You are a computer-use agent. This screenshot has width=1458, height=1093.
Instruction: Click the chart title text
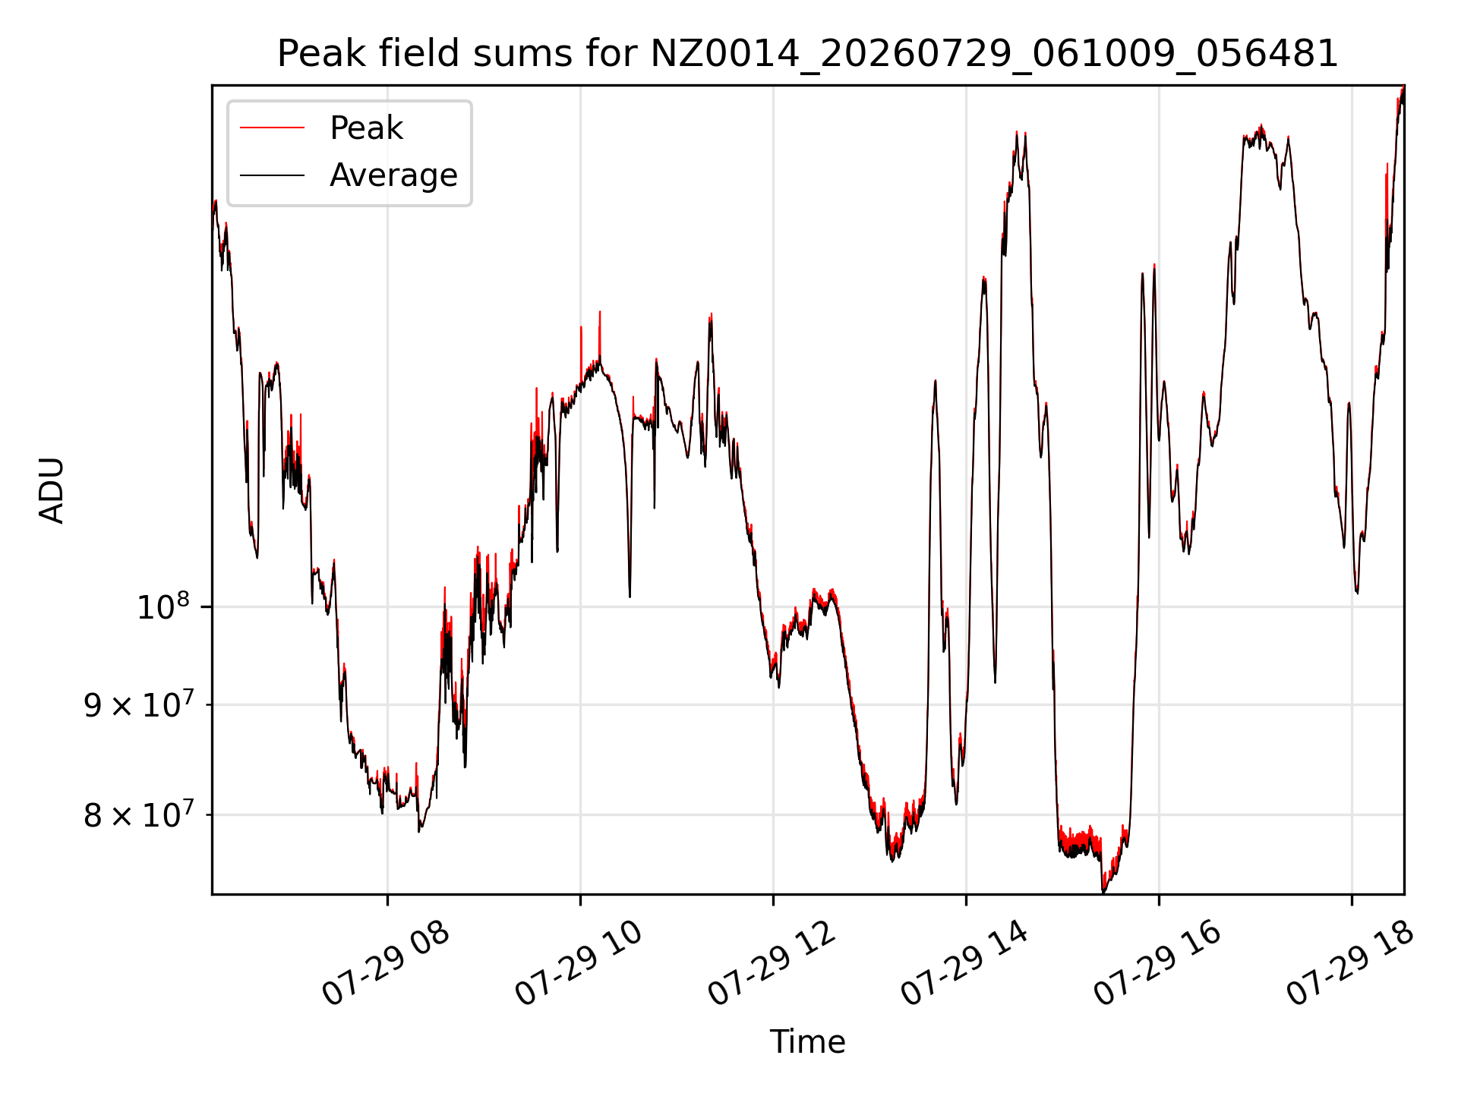pyautogui.click(x=807, y=54)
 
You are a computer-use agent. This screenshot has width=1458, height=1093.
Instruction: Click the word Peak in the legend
pyautogui.click(x=366, y=128)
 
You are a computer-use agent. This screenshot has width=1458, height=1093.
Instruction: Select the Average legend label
pyautogui.click(x=393, y=175)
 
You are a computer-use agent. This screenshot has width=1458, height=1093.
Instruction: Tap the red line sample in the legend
pyautogui.click(x=272, y=128)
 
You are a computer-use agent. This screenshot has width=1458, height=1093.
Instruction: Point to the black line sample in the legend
pyautogui.click(x=272, y=175)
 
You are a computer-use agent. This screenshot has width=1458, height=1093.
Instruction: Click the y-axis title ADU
pyautogui.click(x=52, y=490)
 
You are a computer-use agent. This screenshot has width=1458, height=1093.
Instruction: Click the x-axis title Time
pyautogui.click(x=807, y=1041)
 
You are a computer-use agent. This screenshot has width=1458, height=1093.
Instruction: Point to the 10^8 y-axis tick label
pyautogui.click(x=163, y=606)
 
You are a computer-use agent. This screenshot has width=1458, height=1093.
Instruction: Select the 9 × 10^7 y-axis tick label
pyautogui.click(x=138, y=704)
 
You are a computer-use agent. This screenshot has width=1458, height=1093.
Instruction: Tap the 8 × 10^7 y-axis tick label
pyautogui.click(x=138, y=814)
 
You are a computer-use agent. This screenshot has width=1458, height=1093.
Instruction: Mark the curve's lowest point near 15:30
pyautogui.click(x=1103, y=892)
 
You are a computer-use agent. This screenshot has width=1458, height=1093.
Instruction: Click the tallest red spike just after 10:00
pyautogui.click(x=600, y=312)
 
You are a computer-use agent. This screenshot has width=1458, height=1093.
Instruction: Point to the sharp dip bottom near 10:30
pyautogui.click(x=630, y=596)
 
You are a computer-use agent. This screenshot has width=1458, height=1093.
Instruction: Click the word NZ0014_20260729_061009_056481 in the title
pyautogui.click(x=994, y=54)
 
